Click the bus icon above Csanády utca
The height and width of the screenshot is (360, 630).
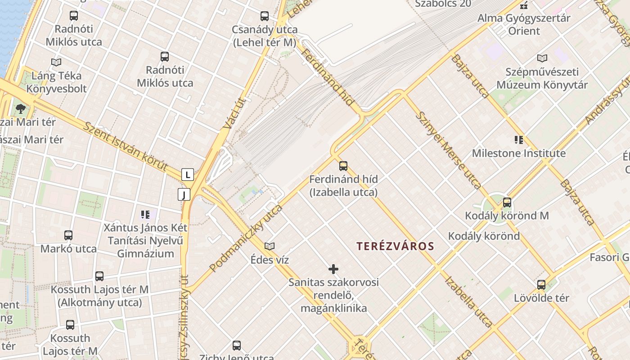(265, 16)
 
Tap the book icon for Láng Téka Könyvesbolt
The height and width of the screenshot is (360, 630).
(56, 62)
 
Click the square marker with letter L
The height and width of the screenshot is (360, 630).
(188, 175)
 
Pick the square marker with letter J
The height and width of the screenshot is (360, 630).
(184, 194)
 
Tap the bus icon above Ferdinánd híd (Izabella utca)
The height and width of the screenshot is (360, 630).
(343, 166)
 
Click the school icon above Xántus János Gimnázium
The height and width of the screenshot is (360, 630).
(145, 214)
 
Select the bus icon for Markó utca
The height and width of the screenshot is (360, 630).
(68, 235)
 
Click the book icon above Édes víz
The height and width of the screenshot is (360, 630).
(270, 246)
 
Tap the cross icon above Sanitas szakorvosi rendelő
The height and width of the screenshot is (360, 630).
(333, 269)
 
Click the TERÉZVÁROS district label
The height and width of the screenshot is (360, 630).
(395, 246)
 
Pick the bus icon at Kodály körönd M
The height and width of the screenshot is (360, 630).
(507, 202)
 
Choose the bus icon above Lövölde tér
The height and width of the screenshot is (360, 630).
(541, 285)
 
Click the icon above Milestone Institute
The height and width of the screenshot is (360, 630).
(519, 140)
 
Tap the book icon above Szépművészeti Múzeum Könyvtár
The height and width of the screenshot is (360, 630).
(542, 58)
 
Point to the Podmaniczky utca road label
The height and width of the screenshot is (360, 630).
(246, 238)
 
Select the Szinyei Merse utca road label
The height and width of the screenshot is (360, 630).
(448, 149)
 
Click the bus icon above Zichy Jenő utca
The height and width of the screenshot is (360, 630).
(237, 346)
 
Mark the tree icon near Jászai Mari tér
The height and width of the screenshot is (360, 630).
(20, 108)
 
